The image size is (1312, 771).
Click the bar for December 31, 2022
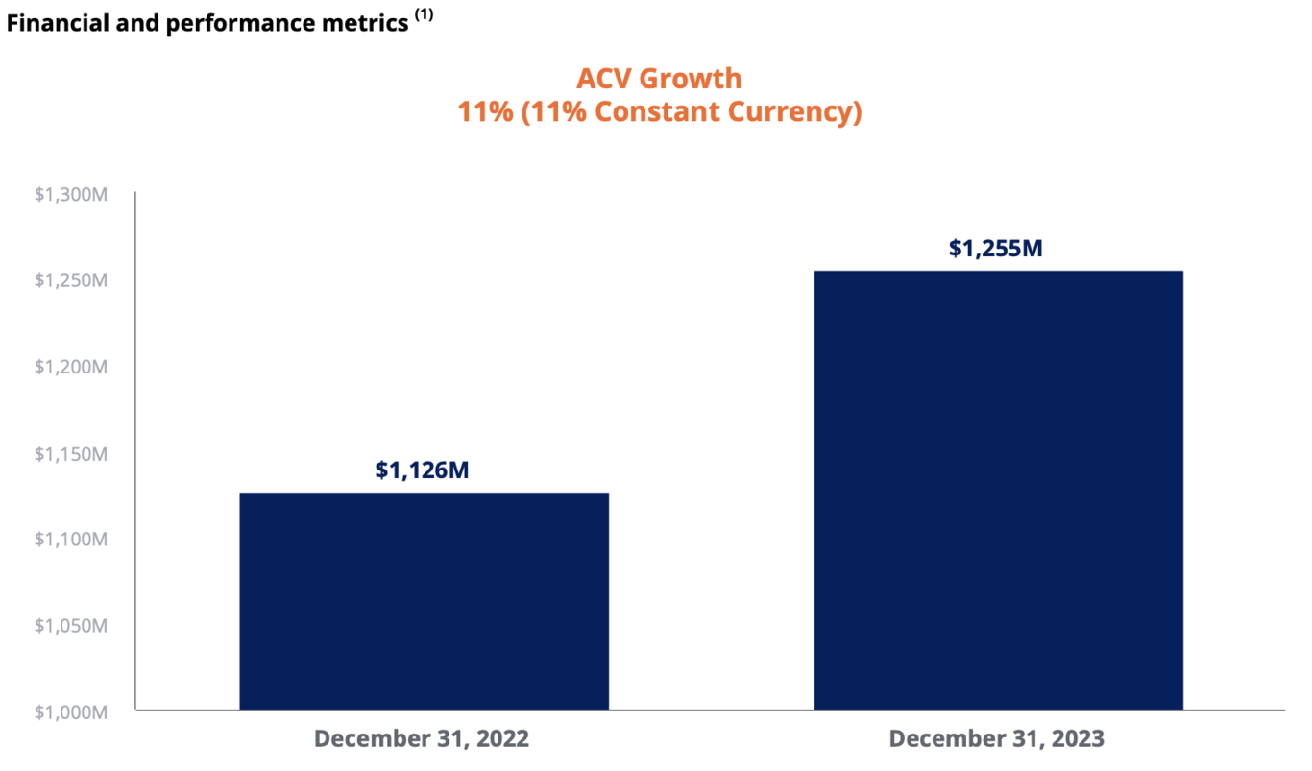click(424, 601)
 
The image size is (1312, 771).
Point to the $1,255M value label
click(996, 249)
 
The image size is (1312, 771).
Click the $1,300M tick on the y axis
click(70, 195)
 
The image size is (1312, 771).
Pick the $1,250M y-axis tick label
click(70, 280)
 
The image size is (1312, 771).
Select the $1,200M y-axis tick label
click(70, 367)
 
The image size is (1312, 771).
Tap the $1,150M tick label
click(70, 453)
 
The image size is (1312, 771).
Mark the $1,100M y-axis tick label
click(70, 540)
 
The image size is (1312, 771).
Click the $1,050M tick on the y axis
click(70, 626)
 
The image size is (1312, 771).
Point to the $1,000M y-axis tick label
click(70, 711)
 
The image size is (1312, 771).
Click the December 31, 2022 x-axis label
click(422, 739)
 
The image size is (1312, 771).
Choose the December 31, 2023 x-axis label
click(997, 739)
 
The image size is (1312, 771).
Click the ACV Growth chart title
click(659, 78)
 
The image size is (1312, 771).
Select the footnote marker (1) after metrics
click(424, 16)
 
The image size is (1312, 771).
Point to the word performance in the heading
click(229, 24)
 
